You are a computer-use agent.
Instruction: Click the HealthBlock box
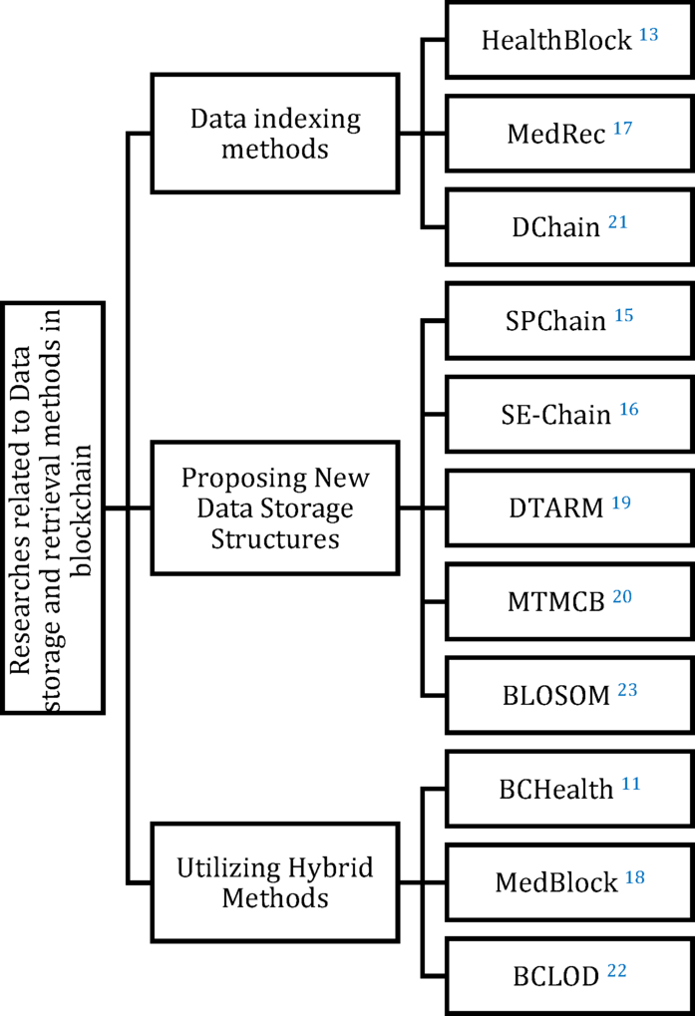pyautogui.click(x=568, y=40)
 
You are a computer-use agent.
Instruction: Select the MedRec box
pyautogui.click(x=568, y=133)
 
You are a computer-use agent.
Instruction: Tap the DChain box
pyautogui.click(x=568, y=226)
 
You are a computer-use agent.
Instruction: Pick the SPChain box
pyautogui.click(x=568, y=320)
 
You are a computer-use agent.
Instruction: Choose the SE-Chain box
pyautogui.click(x=568, y=413)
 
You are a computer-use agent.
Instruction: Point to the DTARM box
pyautogui.click(x=568, y=507)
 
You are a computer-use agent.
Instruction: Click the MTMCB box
pyautogui.click(x=568, y=600)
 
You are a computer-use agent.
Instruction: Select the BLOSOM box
pyautogui.click(x=568, y=694)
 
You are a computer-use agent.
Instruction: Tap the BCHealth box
pyautogui.click(x=568, y=789)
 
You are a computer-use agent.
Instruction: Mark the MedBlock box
pyautogui.click(x=568, y=881)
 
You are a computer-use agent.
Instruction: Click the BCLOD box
pyautogui.click(x=568, y=975)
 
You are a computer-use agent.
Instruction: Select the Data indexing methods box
pyautogui.click(x=275, y=134)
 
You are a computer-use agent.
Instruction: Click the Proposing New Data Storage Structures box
pyautogui.click(x=275, y=508)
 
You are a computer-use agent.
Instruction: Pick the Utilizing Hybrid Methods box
pyautogui.click(x=275, y=882)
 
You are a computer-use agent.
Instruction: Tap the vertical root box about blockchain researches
pyautogui.click(x=52, y=508)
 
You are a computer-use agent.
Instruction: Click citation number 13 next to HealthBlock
pyautogui.click(x=648, y=35)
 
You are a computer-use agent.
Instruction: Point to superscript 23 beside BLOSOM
pyautogui.click(x=627, y=688)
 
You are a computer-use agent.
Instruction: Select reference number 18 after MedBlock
pyautogui.click(x=635, y=876)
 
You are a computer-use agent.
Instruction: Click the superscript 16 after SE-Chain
pyautogui.click(x=628, y=408)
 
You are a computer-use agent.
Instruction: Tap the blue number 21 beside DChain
pyautogui.click(x=617, y=221)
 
